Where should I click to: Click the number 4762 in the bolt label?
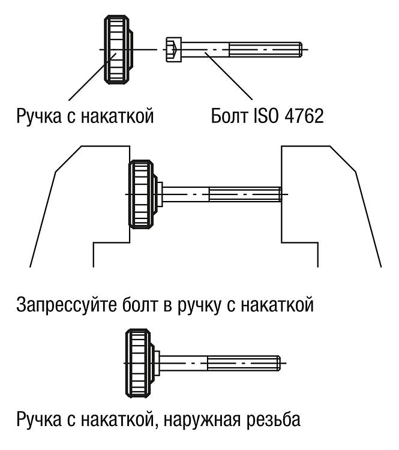(x=305, y=116)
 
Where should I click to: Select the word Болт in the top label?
(x=229, y=116)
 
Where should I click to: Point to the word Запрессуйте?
(x=67, y=306)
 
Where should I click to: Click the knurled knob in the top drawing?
(x=118, y=50)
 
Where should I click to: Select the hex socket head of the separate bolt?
(x=173, y=50)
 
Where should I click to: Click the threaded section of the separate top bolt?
(x=266, y=50)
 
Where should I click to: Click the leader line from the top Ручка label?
(x=92, y=77)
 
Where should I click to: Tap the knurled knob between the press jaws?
(x=143, y=194)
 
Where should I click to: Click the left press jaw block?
(x=80, y=206)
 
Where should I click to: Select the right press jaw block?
(x=331, y=206)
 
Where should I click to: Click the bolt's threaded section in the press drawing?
(x=245, y=194)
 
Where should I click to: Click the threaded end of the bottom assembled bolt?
(x=244, y=363)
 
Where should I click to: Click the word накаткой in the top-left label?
(x=117, y=116)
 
